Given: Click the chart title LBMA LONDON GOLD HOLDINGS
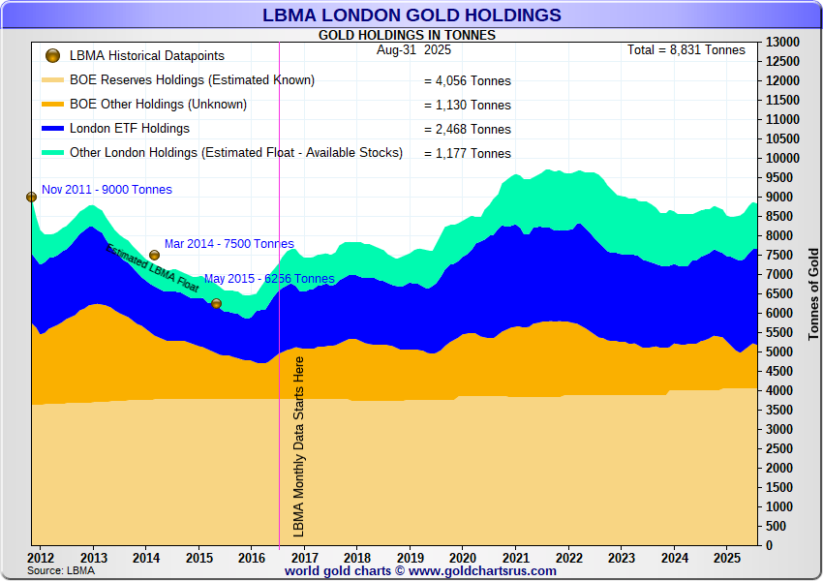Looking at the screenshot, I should (411, 15).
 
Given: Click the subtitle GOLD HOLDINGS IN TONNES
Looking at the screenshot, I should (407, 35).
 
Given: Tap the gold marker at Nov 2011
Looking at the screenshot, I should (31, 197).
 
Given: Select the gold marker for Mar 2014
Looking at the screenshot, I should (154, 255).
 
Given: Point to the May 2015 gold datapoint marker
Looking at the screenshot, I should (216, 303).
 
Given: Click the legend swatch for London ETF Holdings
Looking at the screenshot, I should (53, 129).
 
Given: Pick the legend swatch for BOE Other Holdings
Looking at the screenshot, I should (53, 105).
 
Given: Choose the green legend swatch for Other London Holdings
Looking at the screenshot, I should (53, 153).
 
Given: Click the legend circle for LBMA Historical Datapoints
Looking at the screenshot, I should (52, 56).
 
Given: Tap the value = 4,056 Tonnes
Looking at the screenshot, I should (468, 81).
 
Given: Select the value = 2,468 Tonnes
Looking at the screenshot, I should (468, 130).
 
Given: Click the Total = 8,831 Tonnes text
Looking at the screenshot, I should (686, 50).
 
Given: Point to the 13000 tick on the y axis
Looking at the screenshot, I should (782, 43).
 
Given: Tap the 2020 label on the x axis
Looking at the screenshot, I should (462, 558).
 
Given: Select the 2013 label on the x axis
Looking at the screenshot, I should (93, 558).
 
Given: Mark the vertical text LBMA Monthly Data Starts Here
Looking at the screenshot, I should (299, 445).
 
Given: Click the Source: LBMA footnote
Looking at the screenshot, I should (60, 571).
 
